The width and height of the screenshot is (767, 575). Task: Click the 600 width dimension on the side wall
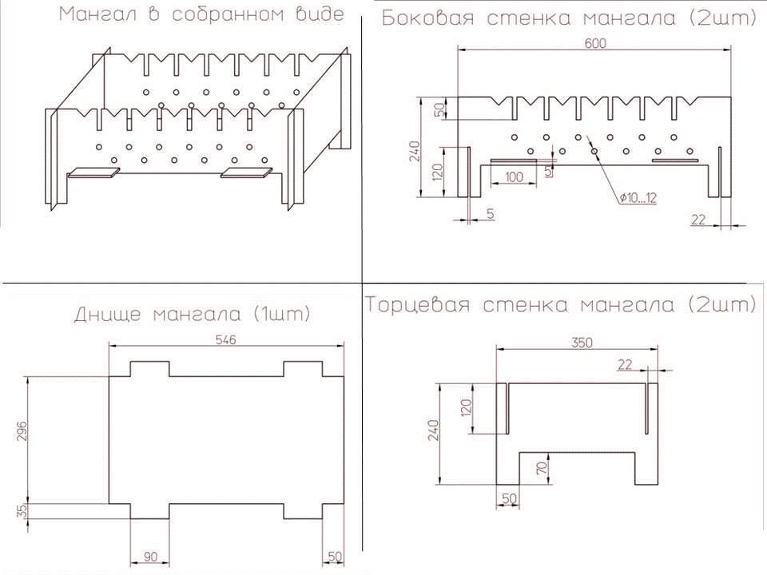click(x=594, y=43)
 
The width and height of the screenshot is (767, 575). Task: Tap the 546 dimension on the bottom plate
click(x=225, y=339)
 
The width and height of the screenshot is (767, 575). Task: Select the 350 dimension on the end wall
click(x=582, y=343)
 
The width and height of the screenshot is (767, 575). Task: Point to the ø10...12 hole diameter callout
click(x=638, y=197)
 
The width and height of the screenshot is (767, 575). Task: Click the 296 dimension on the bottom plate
click(x=22, y=430)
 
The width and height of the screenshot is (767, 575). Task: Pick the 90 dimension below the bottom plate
click(x=150, y=557)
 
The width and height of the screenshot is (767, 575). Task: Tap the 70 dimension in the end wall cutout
click(x=542, y=469)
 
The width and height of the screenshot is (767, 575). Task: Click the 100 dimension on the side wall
click(x=514, y=176)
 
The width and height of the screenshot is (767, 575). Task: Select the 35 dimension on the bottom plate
click(x=22, y=511)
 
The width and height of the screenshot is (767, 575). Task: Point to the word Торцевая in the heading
click(x=417, y=304)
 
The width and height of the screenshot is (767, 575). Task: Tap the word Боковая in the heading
click(x=427, y=18)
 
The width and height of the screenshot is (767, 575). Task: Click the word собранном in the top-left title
click(x=234, y=14)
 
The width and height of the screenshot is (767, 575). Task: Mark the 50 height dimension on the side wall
click(x=439, y=109)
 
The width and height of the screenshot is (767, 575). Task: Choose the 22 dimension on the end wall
click(x=625, y=364)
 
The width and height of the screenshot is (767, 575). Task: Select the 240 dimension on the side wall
click(x=415, y=151)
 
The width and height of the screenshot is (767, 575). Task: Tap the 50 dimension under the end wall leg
click(x=509, y=498)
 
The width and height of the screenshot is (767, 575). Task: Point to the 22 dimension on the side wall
click(x=698, y=220)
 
